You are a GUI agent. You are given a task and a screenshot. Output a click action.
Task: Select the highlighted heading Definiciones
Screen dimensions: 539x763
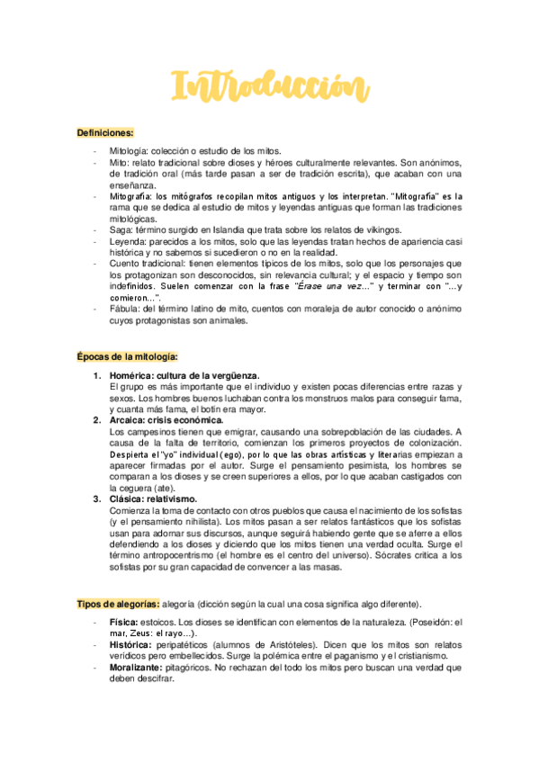(x=105, y=132)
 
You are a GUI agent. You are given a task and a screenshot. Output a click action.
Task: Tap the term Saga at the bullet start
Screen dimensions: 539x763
(x=119, y=229)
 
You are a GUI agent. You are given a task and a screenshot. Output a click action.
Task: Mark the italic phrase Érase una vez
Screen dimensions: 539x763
(x=333, y=285)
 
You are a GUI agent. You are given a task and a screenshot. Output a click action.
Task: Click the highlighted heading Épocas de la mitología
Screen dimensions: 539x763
(x=127, y=356)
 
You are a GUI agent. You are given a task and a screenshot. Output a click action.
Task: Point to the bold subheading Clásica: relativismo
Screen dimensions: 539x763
(x=152, y=498)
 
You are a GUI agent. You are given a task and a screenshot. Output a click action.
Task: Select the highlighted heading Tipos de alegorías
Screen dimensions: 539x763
(x=118, y=603)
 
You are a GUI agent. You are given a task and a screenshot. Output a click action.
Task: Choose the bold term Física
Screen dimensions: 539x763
(x=123, y=622)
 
